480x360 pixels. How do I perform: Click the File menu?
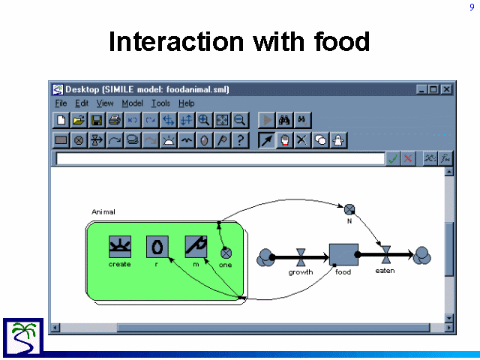click(x=61, y=103)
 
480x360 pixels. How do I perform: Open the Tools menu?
click(x=160, y=103)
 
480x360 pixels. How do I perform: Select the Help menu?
click(x=187, y=103)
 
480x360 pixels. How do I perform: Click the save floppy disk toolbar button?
click(x=97, y=120)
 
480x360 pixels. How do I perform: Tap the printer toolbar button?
click(x=115, y=120)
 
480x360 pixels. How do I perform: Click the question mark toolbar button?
click(x=240, y=140)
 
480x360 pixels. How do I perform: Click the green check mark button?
click(x=392, y=158)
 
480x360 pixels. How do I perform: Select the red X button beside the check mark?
click(x=408, y=158)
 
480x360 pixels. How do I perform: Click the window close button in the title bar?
click(x=447, y=89)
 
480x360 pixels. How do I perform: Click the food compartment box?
click(x=343, y=255)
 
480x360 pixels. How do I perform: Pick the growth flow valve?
click(x=301, y=257)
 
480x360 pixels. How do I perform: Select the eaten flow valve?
click(x=386, y=255)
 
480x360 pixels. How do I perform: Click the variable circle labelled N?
click(x=349, y=210)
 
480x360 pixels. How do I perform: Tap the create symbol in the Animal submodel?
click(x=120, y=247)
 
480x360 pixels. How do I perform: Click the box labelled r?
click(x=157, y=247)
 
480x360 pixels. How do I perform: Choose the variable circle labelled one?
click(x=226, y=253)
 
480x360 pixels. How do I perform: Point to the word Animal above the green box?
click(x=103, y=211)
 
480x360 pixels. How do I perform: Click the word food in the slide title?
click(x=342, y=41)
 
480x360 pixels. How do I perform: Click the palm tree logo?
click(x=23, y=337)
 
